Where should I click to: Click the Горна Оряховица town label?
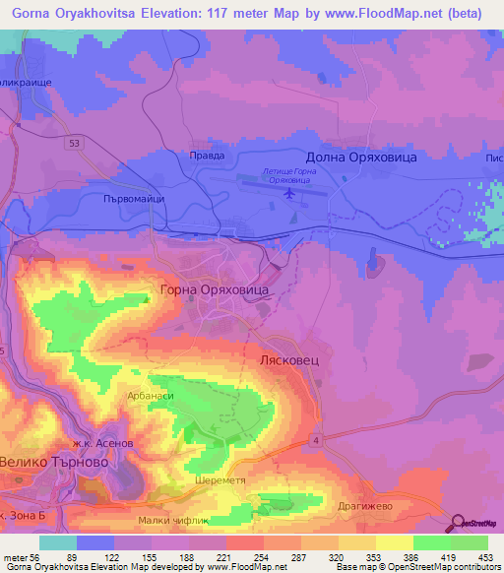pyautogui.click(x=214, y=291)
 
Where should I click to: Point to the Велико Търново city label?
pyautogui.click(x=53, y=466)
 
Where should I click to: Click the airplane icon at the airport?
pyautogui.click(x=289, y=192)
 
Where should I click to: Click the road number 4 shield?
pyautogui.click(x=314, y=438)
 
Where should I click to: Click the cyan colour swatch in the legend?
pyautogui.click(x=58, y=542)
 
